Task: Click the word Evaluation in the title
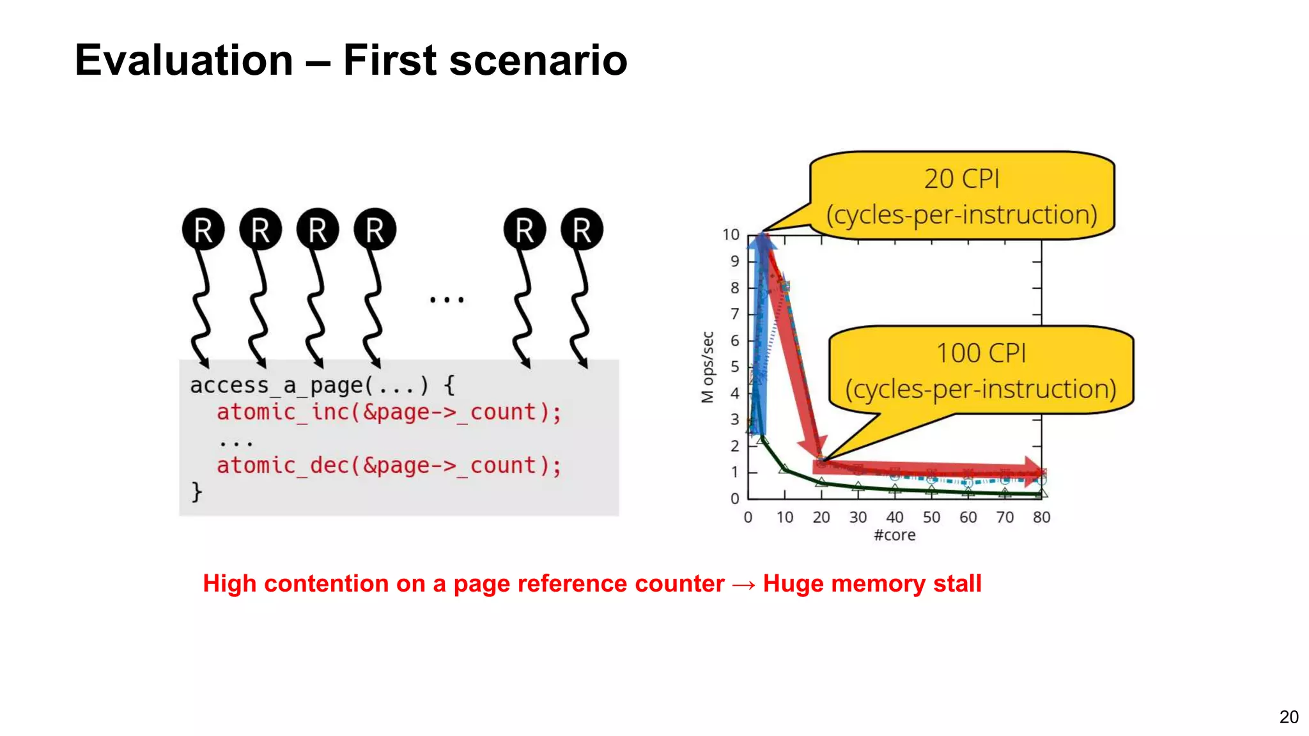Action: pos(183,61)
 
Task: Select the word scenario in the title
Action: pos(538,61)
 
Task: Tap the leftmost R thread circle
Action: pos(203,229)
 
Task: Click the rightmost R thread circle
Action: pos(582,229)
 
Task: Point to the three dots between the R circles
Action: pos(447,299)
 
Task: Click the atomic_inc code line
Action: pos(389,412)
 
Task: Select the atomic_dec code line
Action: pos(389,466)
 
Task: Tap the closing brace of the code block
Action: pos(197,491)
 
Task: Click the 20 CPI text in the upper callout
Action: pos(961,179)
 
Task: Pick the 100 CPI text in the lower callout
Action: pos(980,353)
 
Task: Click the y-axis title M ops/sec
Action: pos(707,367)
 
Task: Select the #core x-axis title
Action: pos(894,535)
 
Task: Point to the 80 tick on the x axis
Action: pos(1041,517)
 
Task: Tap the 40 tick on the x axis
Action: pos(894,517)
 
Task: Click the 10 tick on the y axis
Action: pos(731,235)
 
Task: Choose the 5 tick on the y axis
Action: pos(734,367)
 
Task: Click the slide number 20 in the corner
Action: pos(1289,717)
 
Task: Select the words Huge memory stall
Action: pos(872,583)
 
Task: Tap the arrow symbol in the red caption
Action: pos(743,584)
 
